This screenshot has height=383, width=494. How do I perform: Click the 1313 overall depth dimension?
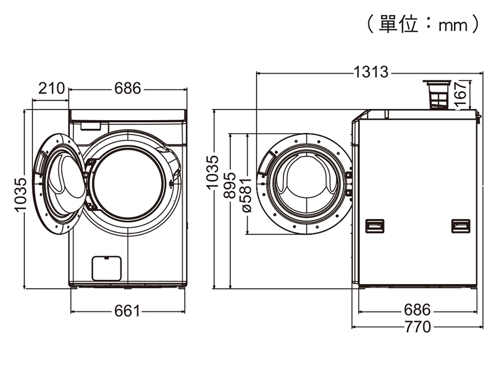pos(371,72)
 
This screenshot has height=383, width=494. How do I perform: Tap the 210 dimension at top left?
pos(51,89)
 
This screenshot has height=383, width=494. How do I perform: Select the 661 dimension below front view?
pos(128,311)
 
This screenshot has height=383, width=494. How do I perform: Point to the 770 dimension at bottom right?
pos(417,327)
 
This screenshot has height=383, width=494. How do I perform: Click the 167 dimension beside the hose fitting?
pos(459,94)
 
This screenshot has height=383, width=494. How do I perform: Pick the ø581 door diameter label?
pos(246,194)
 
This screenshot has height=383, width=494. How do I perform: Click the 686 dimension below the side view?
pos(417,309)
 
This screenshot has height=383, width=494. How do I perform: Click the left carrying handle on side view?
pos(374,226)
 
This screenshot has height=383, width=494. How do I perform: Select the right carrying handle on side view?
pos(460,226)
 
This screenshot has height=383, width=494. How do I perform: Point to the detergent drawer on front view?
pos(90,126)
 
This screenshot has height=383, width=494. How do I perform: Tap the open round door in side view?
pos(305,184)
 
